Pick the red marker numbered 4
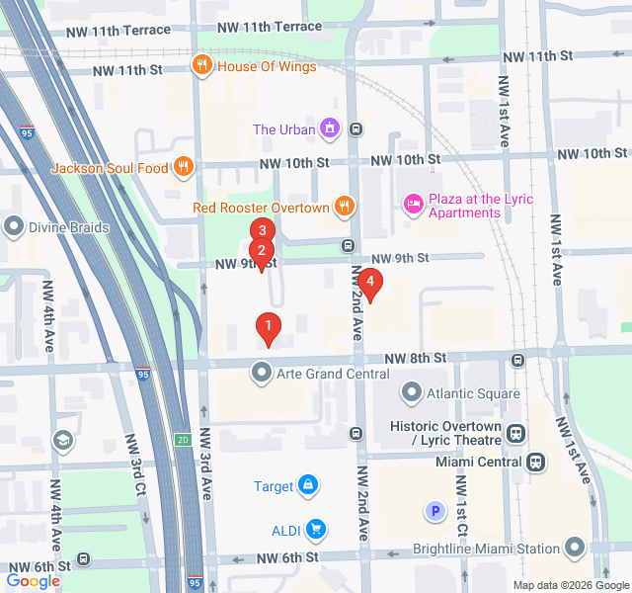369,283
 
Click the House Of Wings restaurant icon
201,66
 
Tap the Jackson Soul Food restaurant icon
182,168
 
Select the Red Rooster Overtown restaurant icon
344,208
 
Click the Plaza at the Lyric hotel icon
413,205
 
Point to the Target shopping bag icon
308,485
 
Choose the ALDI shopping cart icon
315,530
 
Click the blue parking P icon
434,511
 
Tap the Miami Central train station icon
535,462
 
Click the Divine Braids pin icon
14,227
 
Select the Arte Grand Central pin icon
261,374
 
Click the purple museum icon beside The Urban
330,128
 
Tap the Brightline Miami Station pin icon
577,548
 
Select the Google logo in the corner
33,580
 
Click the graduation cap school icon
63,441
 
